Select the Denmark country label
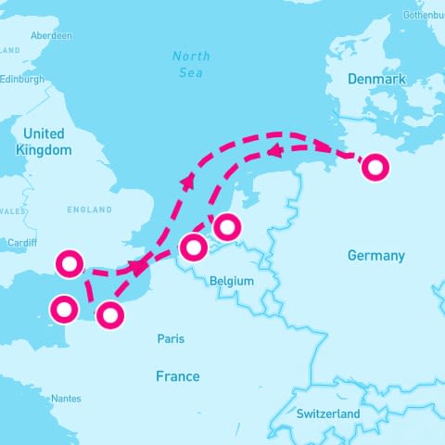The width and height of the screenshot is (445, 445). [376, 80]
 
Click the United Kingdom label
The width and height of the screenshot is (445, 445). [44, 142]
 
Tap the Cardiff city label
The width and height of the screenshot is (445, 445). [20, 244]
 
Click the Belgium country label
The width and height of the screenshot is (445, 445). [232, 279]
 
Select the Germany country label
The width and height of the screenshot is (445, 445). [375, 255]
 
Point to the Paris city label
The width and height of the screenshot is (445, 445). [171, 339]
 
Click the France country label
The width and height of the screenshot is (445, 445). [177, 375]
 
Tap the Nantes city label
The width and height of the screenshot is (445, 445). [66, 399]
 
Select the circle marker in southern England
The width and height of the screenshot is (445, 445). [69, 263]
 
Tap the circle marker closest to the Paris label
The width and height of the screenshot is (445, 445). [110, 315]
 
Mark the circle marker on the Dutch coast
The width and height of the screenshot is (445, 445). [226, 224]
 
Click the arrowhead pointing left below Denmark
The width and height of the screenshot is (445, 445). [274, 149]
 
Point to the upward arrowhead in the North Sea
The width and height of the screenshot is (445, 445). [188, 180]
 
